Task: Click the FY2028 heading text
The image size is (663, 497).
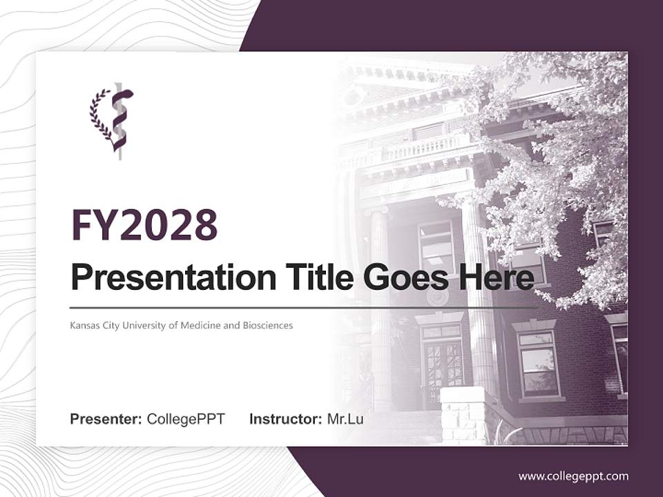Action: pos(144,225)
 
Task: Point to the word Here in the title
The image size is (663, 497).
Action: pos(499,278)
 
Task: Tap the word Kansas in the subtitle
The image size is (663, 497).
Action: pos(84,325)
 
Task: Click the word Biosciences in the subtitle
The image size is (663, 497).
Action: pos(265,325)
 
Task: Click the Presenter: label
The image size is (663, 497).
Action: pos(106,419)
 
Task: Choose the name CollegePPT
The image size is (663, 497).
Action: pos(186,419)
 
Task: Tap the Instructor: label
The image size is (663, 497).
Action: pos(286,419)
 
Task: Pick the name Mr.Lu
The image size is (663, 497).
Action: pos(345,419)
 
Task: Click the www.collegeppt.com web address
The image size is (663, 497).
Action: pos(573,476)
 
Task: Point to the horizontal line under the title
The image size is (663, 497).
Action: pos(304,307)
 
